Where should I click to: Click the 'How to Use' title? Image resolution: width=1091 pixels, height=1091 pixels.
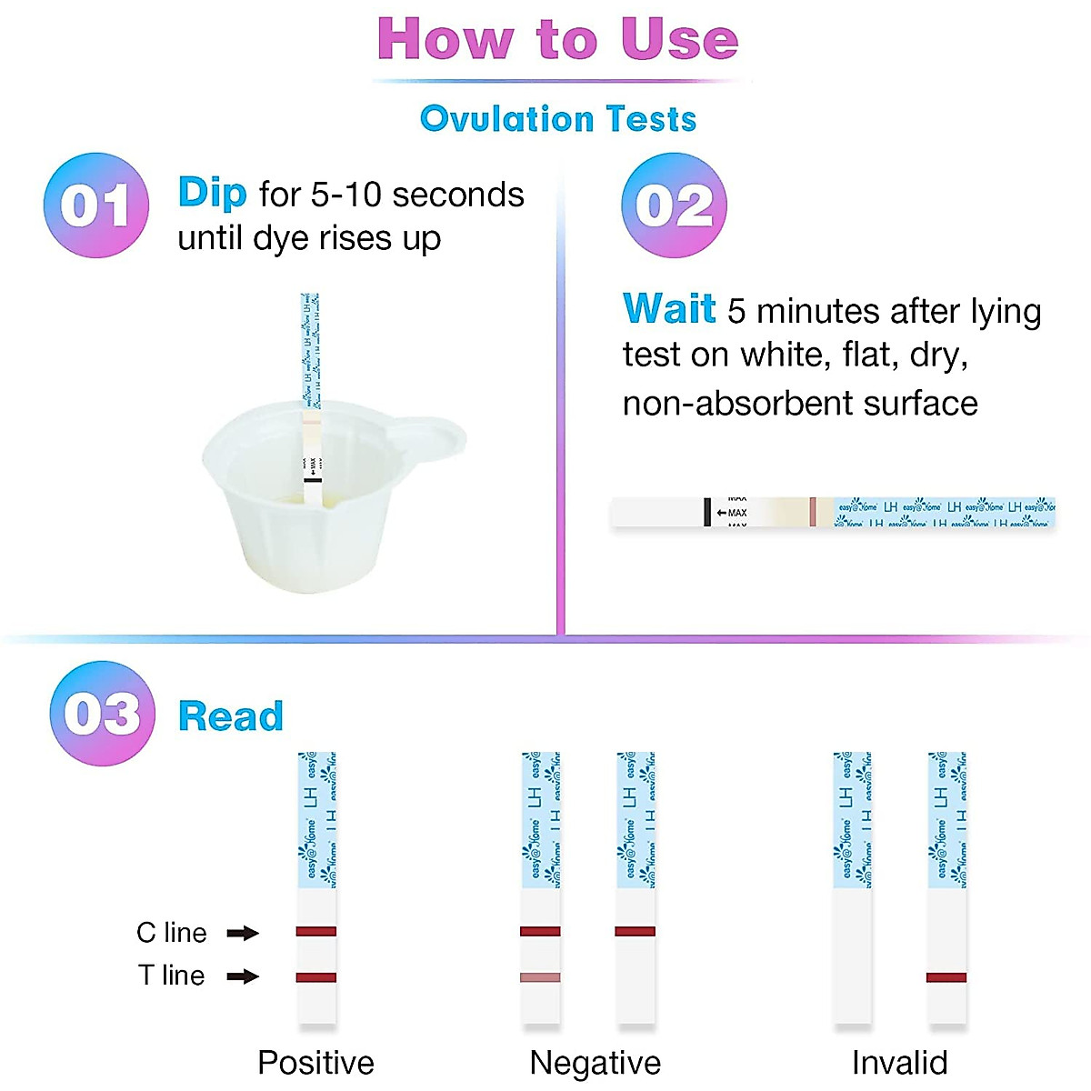[557, 40]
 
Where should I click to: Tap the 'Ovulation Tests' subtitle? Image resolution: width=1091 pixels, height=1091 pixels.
[557, 119]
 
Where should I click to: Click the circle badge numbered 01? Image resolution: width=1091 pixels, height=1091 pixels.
[96, 205]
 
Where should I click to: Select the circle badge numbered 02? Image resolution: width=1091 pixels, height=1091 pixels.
[674, 205]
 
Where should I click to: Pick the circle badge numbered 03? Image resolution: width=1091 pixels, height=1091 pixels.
[103, 714]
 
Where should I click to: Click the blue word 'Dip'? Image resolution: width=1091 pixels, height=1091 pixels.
[212, 193]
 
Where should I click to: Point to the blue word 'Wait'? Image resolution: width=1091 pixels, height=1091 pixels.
[668, 309]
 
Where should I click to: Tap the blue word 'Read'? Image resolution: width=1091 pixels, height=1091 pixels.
[231, 716]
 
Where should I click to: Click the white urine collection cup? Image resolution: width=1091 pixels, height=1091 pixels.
[300, 509]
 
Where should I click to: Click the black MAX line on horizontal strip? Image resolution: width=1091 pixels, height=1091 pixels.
[706, 512]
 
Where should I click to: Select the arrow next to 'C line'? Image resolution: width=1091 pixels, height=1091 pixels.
[243, 933]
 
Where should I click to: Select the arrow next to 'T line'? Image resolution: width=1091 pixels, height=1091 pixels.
[243, 976]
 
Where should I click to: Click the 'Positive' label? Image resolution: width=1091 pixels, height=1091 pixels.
[315, 1062]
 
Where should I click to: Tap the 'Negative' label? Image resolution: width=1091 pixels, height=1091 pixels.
[595, 1062]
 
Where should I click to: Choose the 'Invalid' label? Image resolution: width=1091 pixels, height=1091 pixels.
[899, 1062]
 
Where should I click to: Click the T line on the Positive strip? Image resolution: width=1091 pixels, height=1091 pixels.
[315, 977]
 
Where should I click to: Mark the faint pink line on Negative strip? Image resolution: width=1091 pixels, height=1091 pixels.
[539, 977]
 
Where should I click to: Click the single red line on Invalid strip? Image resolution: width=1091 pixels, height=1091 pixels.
[946, 977]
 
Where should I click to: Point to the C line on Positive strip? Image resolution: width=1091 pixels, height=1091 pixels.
[315, 931]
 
